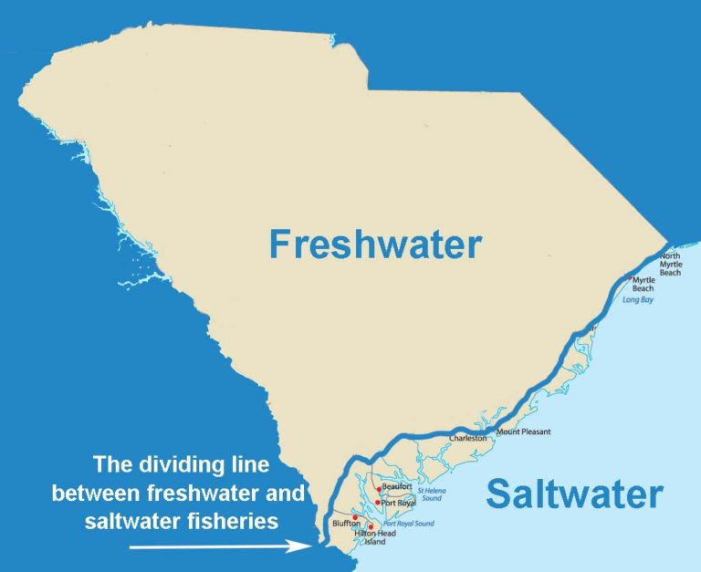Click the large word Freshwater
374,244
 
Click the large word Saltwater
574,494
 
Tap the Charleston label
468,439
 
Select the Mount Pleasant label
524,432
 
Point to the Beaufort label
398,486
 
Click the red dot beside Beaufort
379,490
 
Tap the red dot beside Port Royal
377,503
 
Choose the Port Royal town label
399,503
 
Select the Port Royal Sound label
409,524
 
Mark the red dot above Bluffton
355,517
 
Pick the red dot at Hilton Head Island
371,526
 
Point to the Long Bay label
640,298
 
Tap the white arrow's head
305,547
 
